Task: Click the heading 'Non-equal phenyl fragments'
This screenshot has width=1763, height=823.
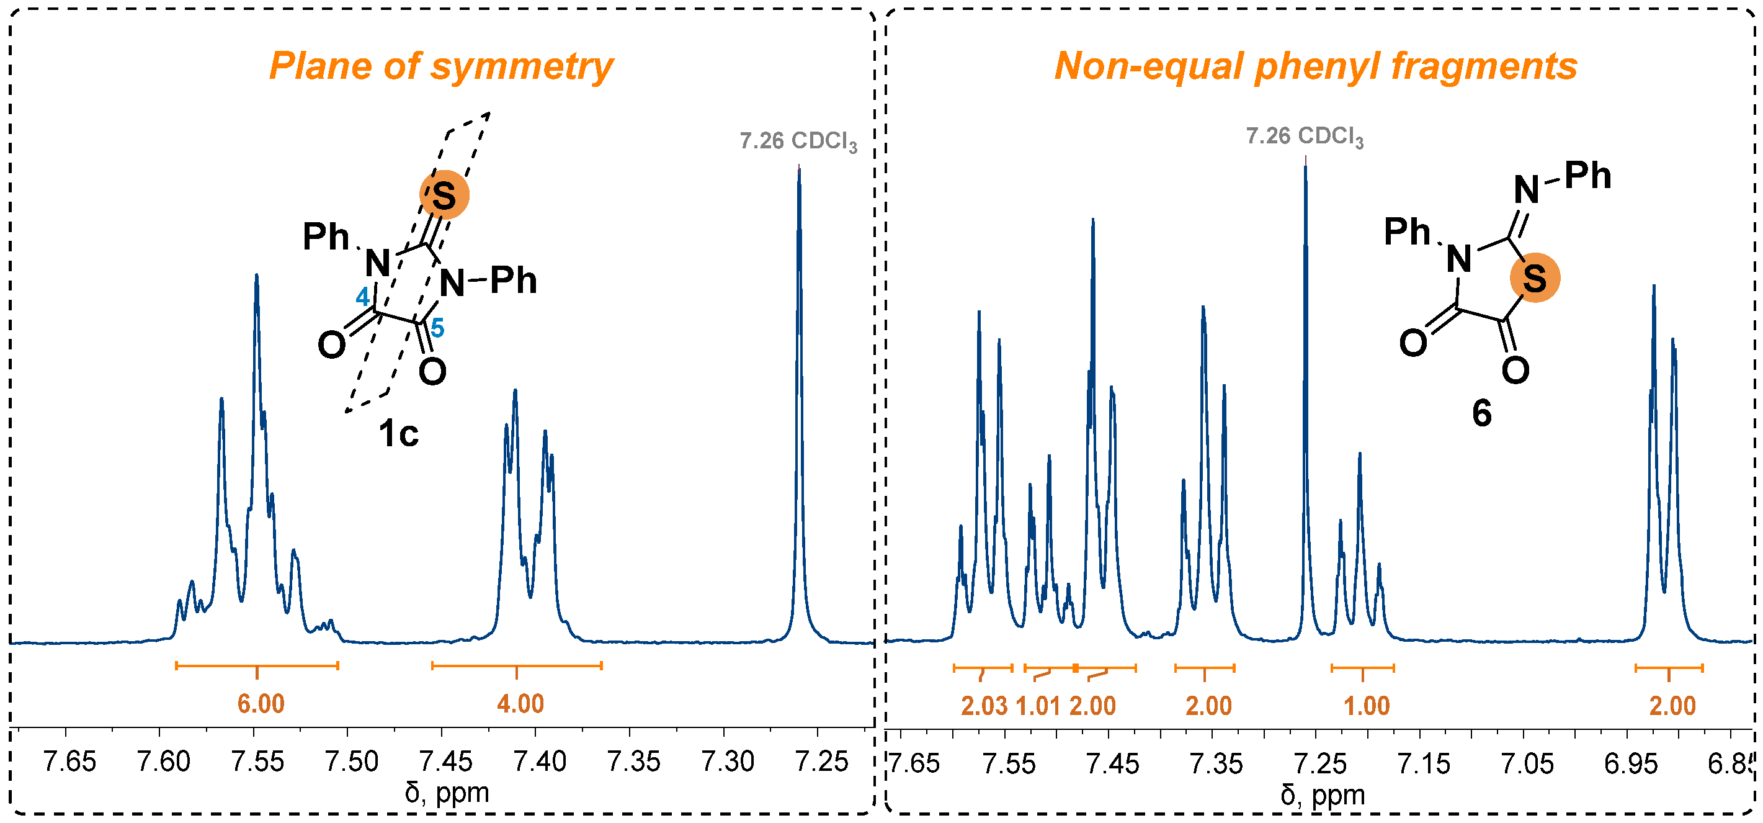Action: click(1315, 66)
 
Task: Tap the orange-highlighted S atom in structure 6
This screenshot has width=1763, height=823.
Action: click(1535, 279)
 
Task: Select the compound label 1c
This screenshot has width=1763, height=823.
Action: click(398, 433)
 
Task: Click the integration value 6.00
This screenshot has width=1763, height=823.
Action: click(261, 704)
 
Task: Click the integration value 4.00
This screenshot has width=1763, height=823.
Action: click(520, 704)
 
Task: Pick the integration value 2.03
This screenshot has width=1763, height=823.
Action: click(984, 706)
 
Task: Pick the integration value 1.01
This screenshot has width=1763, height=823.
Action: click(1038, 706)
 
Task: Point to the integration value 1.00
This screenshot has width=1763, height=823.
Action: click(1367, 706)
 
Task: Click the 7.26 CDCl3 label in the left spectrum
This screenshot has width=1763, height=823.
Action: click(798, 141)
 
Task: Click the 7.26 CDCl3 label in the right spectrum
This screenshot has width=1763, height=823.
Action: click(1305, 137)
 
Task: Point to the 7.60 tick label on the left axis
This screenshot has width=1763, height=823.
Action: click(163, 762)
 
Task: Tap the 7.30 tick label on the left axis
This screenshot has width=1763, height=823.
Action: click(728, 762)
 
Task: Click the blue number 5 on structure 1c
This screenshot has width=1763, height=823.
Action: click(437, 328)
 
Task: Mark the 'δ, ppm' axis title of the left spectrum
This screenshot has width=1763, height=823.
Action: click(447, 793)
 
